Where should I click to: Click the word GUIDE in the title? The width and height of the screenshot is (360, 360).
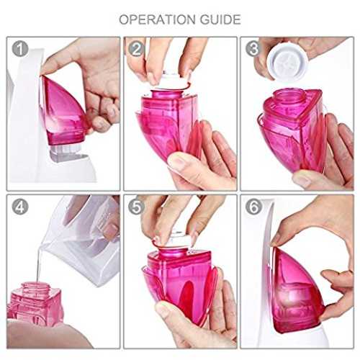click(x=220, y=19)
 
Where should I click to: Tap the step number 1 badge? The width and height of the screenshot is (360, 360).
click(x=20, y=49)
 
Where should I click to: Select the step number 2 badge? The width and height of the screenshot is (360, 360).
click(x=136, y=49)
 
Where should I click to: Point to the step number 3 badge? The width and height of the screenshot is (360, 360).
click(x=253, y=49)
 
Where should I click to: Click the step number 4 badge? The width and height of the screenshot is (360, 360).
click(x=20, y=207)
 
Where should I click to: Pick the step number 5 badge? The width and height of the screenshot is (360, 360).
click(x=136, y=207)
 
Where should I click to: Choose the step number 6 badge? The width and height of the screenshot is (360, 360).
click(x=253, y=207)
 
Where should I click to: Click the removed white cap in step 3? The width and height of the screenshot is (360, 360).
click(x=287, y=62)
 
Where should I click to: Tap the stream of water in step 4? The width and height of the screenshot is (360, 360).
click(x=38, y=264)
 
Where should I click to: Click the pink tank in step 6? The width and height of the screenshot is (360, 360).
click(x=297, y=290)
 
